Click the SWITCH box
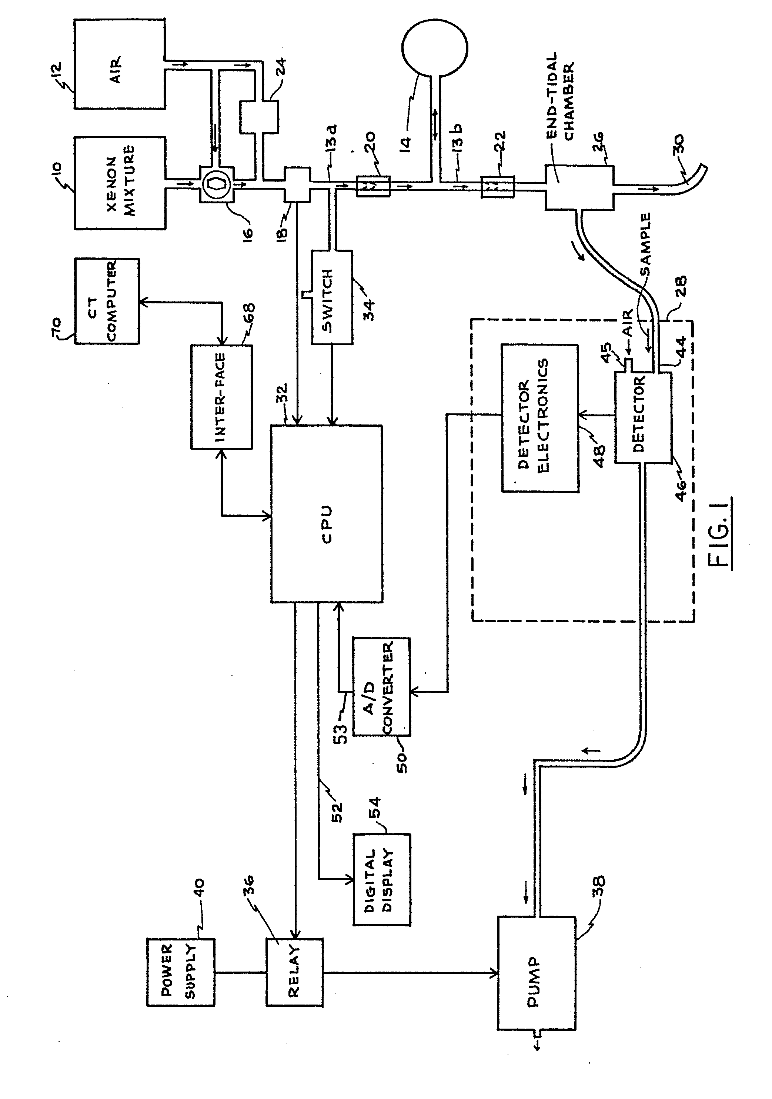pyautogui.click(x=332, y=296)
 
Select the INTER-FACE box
pyautogui.click(x=221, y=397)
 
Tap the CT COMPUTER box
pyautogui.click(x=107, y=301)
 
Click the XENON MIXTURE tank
pyautogui.click(x=120, y=183)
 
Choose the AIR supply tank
pyautogui.click(x=120, y=64)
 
